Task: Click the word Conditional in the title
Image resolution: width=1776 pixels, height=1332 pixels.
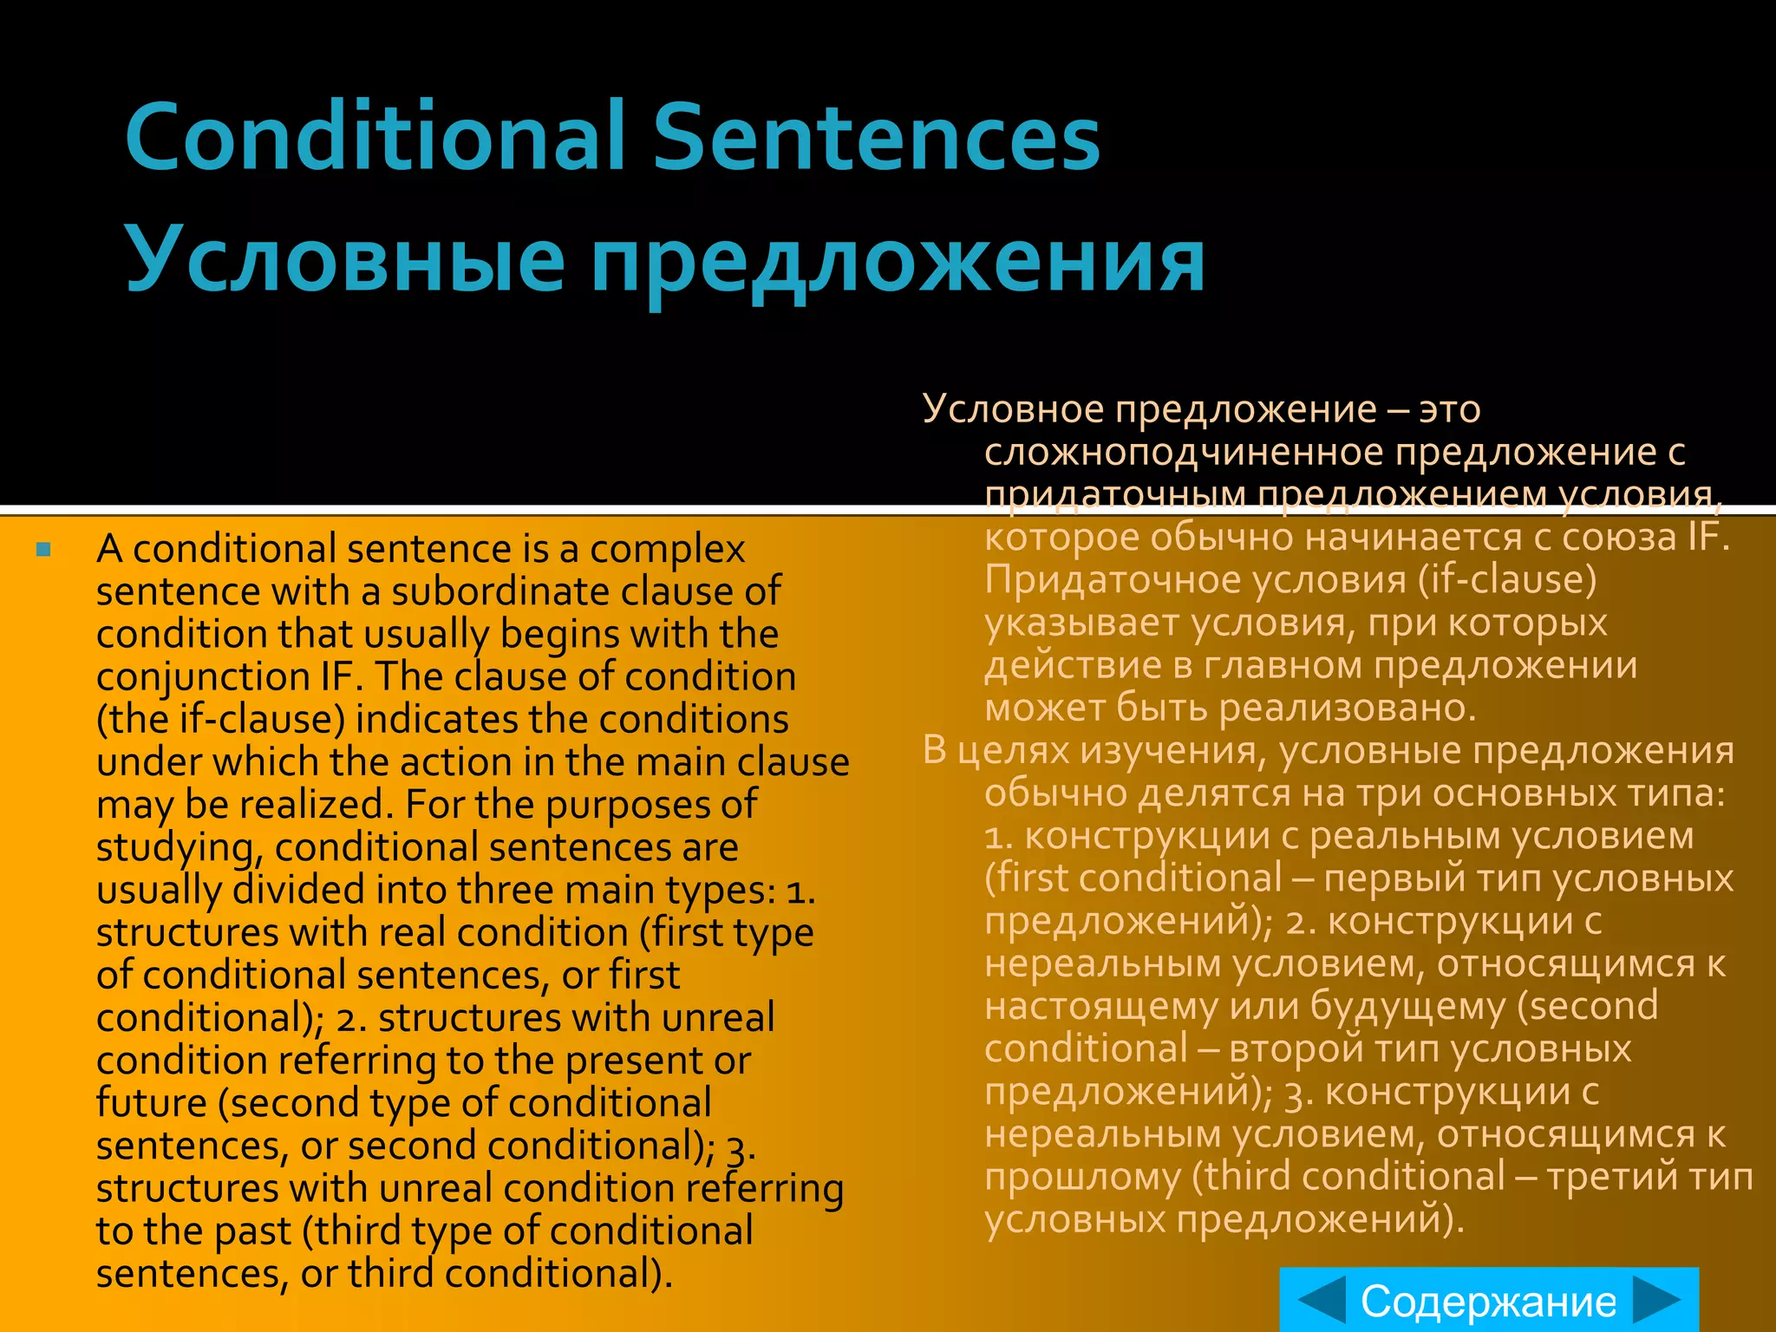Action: (375, 137)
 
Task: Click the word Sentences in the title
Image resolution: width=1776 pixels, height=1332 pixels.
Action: (876, 137)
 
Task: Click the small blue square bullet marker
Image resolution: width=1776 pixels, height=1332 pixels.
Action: (44, 549)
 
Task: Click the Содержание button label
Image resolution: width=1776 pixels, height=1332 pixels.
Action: (1488, 1301)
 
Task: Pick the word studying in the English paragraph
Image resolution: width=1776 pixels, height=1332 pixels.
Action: (178, 848)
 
